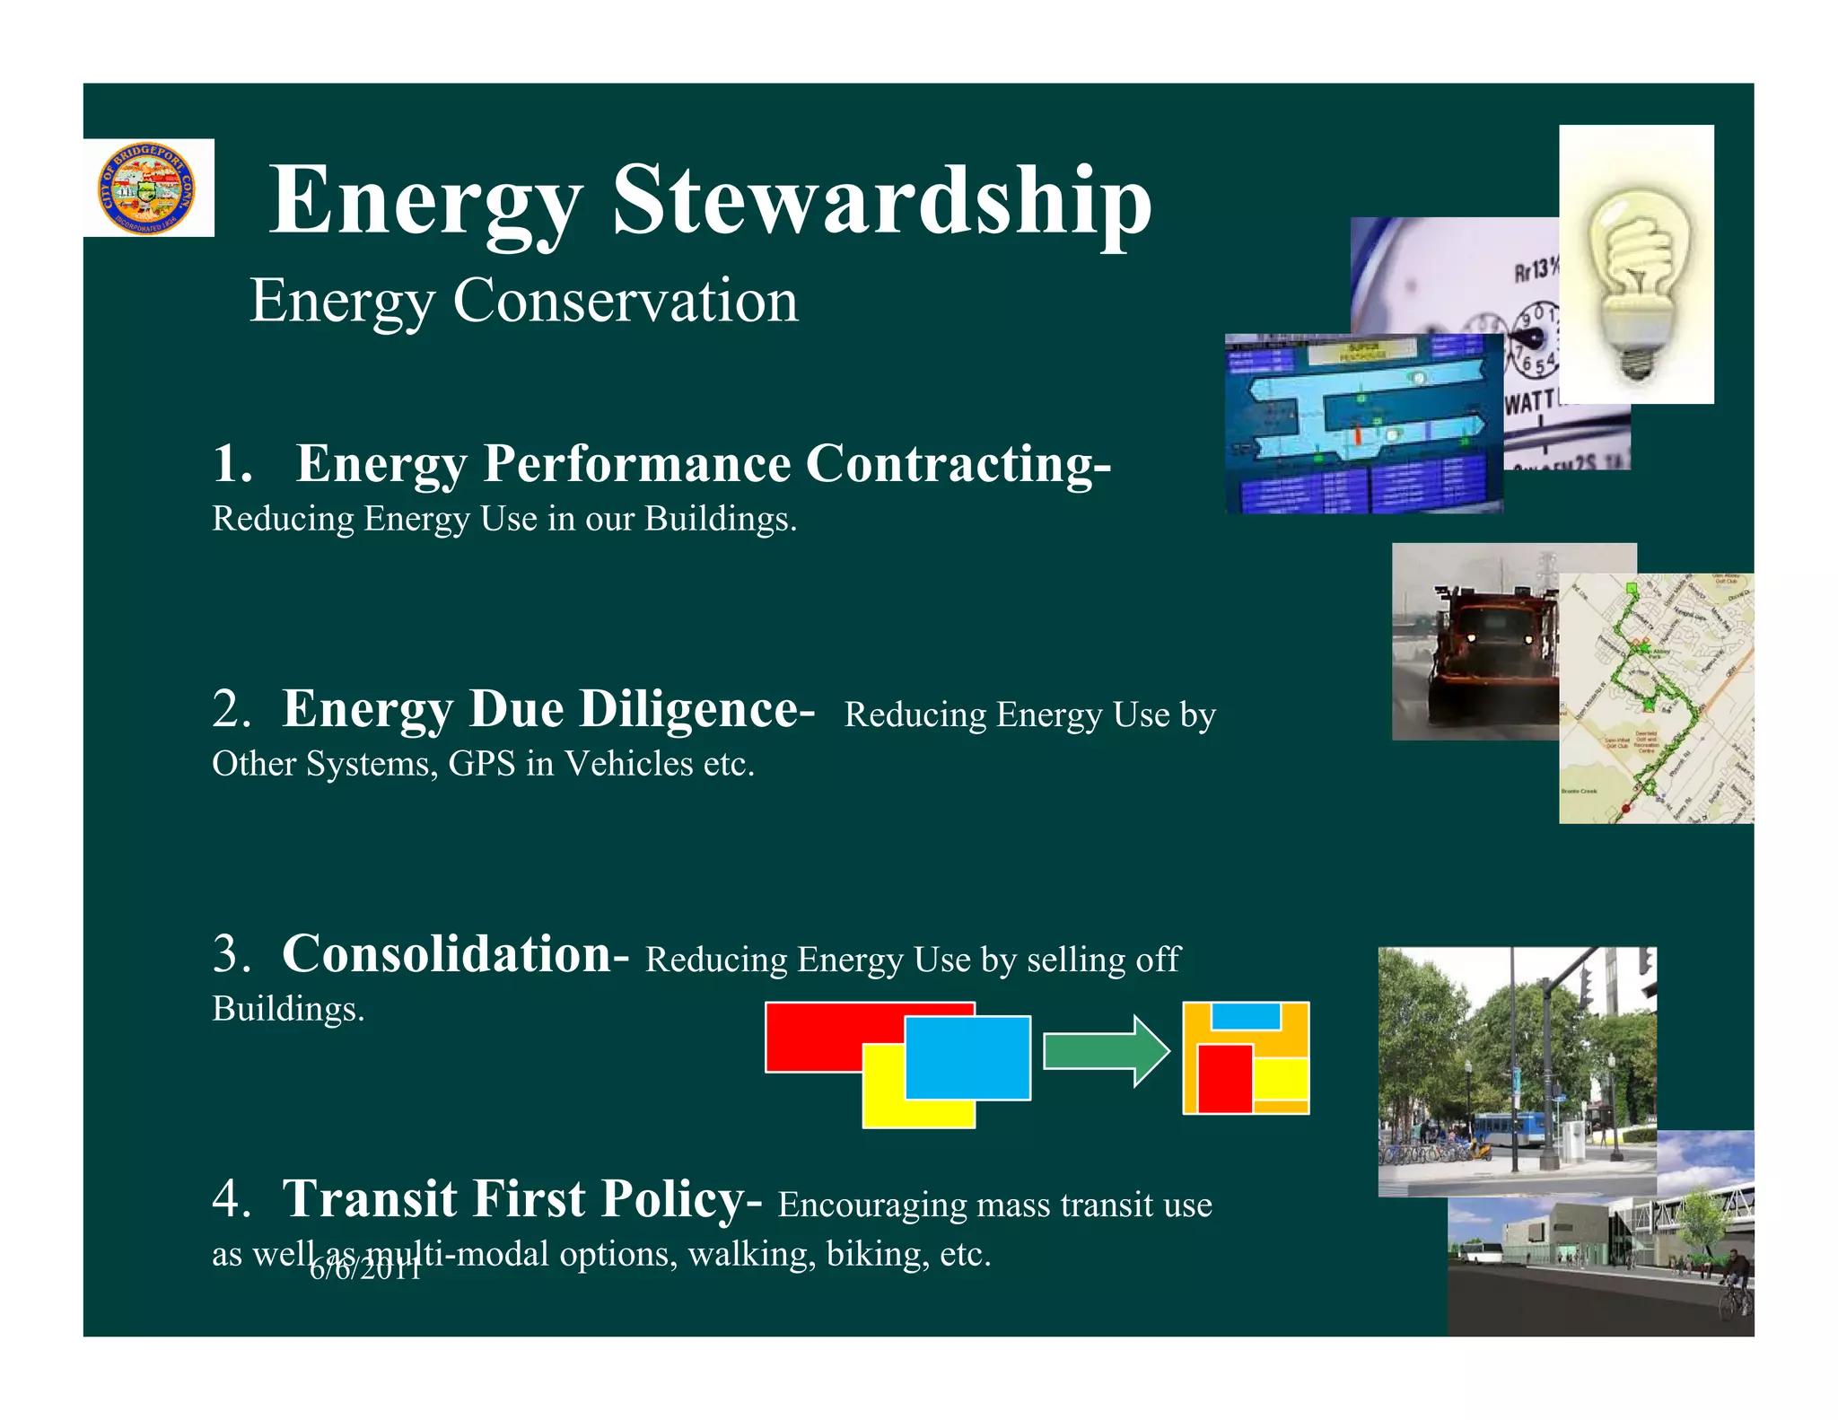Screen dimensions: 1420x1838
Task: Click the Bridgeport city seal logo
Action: coord(145,188)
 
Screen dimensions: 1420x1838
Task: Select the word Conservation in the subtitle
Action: coord(626,301)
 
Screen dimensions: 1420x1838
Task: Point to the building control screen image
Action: coord(1363,424)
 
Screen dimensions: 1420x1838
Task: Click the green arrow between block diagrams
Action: coord(1107,1051)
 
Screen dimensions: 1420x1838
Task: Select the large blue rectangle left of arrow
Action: coord(967,1057)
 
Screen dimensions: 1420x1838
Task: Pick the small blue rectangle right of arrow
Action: coord(1246,1016)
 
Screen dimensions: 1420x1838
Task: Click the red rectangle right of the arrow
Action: coord(1224,1078)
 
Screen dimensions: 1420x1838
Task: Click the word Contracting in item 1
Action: coord(956,464)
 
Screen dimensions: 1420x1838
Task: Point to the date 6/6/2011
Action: coord(365,1268)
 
